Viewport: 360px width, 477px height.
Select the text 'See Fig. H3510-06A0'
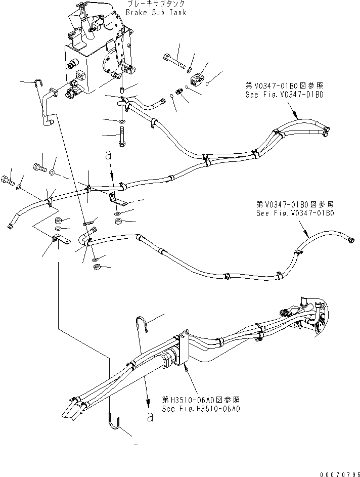tap(200, 409)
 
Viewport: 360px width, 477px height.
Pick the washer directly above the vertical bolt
tap(121, 121)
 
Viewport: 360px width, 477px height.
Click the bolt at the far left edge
tap(7, 180)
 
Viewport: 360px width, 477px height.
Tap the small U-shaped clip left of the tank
tap(38, 83)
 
